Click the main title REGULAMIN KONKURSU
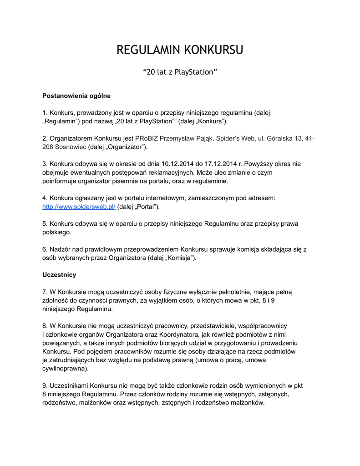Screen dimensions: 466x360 point(180,50)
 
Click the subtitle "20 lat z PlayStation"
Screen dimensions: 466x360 point(180,72)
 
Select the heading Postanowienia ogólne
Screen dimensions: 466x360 point(76,96)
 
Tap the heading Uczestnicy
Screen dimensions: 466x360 point(59,275)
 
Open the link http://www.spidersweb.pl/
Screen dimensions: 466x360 point(79,207)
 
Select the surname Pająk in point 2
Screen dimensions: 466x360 point(201,138)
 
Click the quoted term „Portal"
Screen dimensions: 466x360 point(145,207)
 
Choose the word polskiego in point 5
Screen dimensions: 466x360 point(56,232)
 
